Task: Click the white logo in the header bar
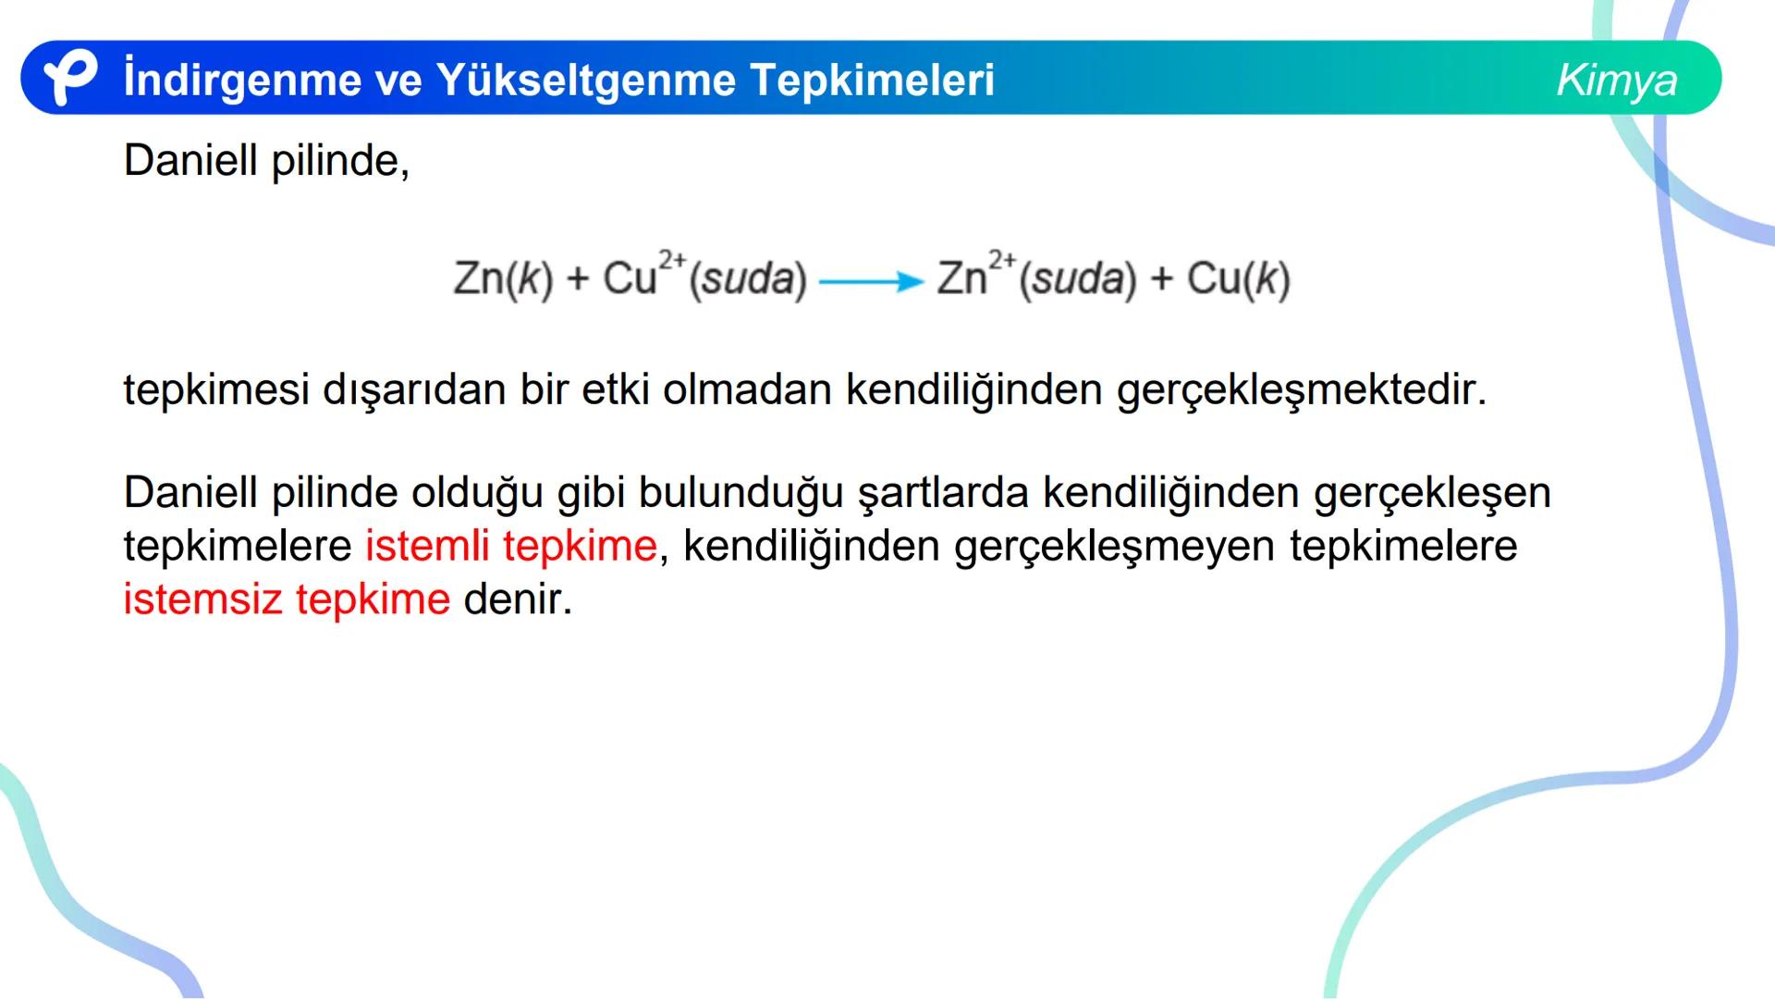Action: pos(69,78)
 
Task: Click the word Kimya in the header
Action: pos(1616,80)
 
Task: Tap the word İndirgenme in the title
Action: pos(241,80)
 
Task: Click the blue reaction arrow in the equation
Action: pos(871,281)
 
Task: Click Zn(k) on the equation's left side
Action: pos(502,278)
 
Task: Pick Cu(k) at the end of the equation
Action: pos(1238,278)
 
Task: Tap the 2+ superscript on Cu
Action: pos(672,260)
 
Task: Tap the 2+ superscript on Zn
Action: pos(1001,260)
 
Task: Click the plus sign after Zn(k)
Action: pos(578,279)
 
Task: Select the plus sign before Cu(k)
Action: pos(1161,279)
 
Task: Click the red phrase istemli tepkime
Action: pos(510,546)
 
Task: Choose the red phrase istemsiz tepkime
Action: pos(287,599)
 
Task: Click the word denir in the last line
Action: pos(517,599)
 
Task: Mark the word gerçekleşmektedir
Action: pos(1302,390)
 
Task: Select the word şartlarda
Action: pos(943,493)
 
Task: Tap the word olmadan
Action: pos(747,390)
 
